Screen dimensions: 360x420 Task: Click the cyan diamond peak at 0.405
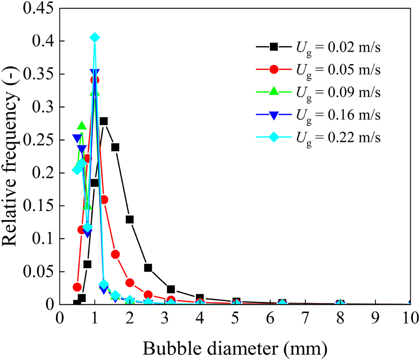[x=95, y=38]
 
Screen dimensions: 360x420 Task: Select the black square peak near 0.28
[x=103, y=121]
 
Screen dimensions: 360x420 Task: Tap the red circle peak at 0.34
[x=95, y=80]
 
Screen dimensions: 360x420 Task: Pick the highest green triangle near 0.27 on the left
[x=82, y=126]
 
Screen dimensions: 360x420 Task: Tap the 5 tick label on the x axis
[x=235, y=319]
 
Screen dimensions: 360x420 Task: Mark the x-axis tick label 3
[x=165, y=319]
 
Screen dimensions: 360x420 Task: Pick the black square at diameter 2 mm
[x=130, y=219]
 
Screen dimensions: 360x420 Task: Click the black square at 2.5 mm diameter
[x=148, y=268]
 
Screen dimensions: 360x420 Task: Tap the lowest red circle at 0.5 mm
[x=77, y=287]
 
